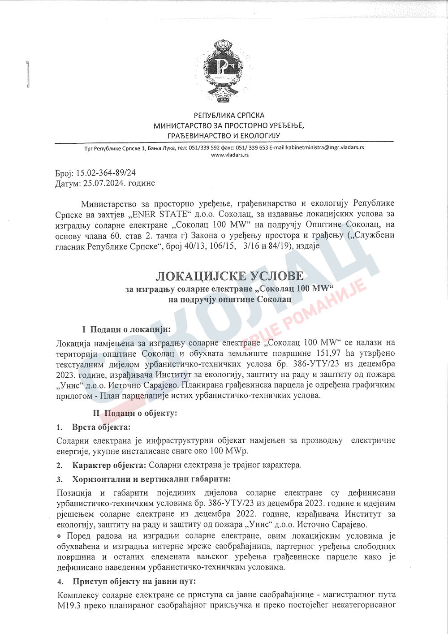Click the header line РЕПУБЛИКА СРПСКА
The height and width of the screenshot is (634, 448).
[229, 116]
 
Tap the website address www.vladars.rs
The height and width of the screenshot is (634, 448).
[229, 155]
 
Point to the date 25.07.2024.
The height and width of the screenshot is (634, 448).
[103, 183]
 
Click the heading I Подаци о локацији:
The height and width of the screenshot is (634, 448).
[126, 329]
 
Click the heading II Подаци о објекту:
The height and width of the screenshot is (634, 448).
[135, 413]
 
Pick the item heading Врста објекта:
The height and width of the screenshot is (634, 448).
[101, 427]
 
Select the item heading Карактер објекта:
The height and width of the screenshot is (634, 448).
[109, 465]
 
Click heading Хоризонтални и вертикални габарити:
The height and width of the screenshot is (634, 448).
[151, 479]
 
